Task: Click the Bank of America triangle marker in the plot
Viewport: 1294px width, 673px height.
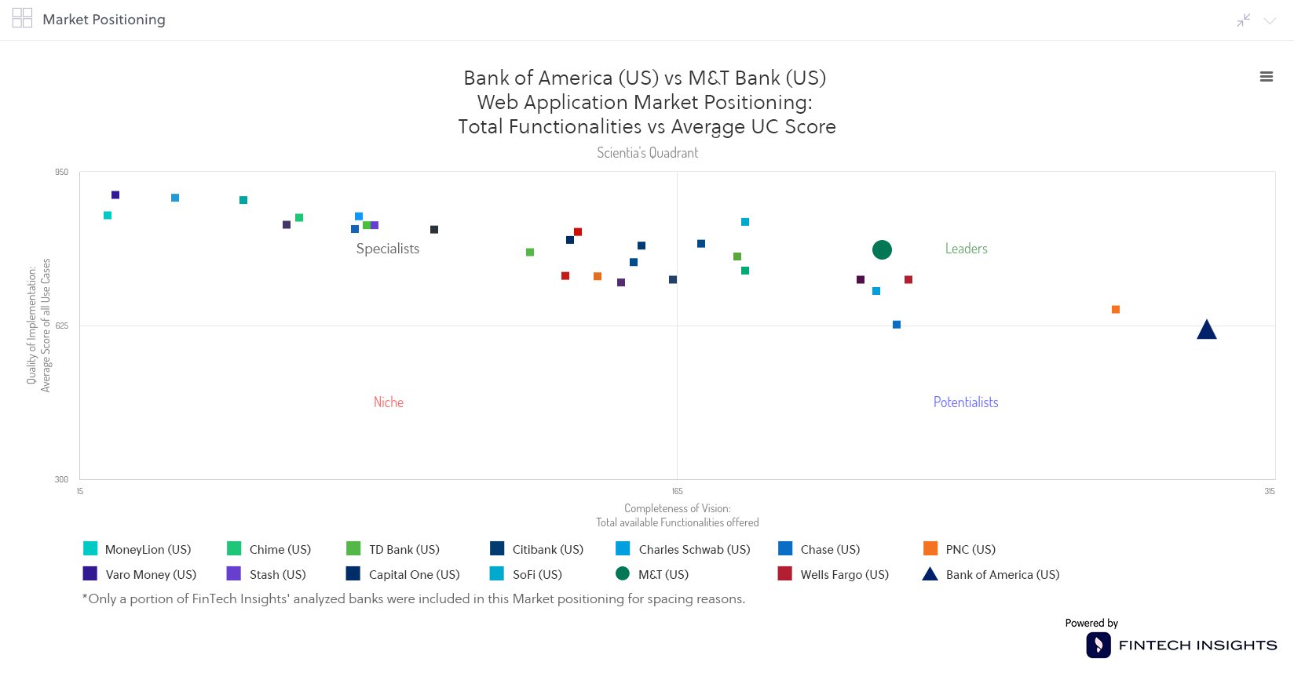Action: (1207, 331)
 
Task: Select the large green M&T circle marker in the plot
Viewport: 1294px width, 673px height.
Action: (882, 250)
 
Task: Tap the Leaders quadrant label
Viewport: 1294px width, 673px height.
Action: (966, 249)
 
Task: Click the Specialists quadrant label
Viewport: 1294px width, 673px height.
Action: (387, 249)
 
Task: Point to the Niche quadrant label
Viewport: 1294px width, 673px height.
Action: (388, 402)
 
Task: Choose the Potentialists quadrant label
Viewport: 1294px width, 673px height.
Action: (965, 402)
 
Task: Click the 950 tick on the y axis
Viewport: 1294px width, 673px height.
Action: (61, 173)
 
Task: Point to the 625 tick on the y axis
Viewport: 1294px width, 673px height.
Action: (61, 326)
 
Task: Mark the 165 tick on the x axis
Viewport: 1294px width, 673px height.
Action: (677, 492)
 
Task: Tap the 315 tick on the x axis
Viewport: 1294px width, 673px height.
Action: (1269, 492)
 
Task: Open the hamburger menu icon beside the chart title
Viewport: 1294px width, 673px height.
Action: (1266, 77)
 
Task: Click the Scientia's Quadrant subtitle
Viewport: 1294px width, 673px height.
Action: (647, 153)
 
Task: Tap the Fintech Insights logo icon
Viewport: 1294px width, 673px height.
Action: (1098, 646)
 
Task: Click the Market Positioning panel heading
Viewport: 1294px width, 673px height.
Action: (104, 20)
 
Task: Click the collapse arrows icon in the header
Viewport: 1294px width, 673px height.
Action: (1243, 20)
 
